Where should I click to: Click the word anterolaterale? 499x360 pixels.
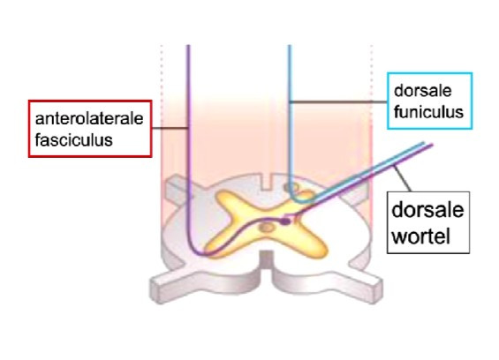click(89, 119)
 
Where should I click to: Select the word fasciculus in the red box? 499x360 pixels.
click(74, 140)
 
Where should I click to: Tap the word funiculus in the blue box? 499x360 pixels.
click(428, 112)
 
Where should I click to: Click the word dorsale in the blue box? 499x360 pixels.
click(423, 91)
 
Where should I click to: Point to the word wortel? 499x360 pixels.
click(421, 236)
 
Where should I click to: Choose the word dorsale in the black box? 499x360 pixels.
click(427, 210)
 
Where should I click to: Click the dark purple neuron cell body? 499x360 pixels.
click(285, 221)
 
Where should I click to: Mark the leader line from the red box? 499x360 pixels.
click(170, 128)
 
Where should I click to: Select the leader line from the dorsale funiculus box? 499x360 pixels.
click(338, 102)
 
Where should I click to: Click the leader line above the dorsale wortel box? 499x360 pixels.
click(403, 178)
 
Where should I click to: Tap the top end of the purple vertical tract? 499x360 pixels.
click(188, 46)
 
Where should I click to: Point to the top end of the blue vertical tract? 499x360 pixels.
click(290, 46)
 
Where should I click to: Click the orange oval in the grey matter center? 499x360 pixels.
click(267, 228)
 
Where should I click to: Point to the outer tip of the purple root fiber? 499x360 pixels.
click(432, 146)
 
